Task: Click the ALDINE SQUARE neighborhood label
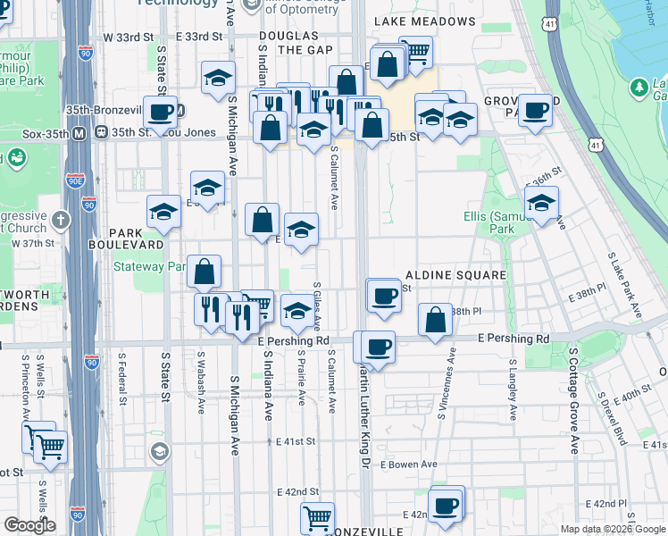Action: pos(456,275)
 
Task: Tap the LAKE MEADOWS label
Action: pos(424,21)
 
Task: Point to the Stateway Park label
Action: pos(148,266)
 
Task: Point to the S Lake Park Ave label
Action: pos(624,285)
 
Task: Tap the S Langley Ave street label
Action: pos(512,389)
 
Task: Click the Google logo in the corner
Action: pos(29,525)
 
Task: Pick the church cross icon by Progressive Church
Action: pos(60,219)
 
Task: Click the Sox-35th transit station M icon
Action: pos(79,133)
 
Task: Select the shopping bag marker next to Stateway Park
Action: pos(205,272)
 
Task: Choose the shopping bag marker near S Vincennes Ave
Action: pos(435,322)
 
